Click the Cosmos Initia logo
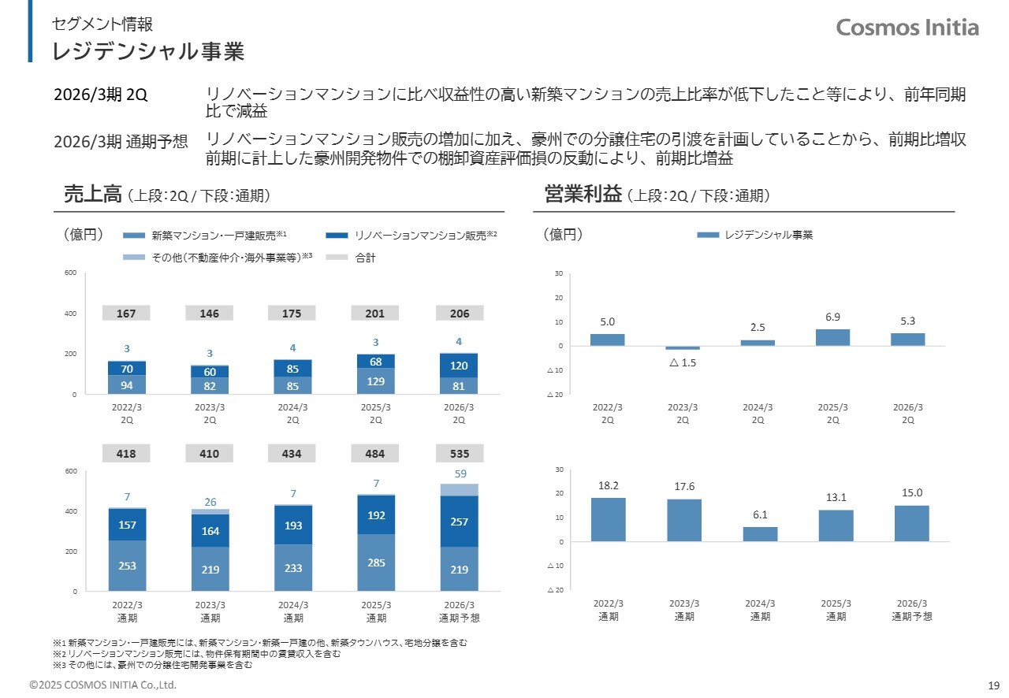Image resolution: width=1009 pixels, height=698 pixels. (x=907, y=28)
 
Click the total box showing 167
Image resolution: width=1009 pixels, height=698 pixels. (x=126, y=314)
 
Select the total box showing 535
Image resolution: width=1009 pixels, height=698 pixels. (x=459, y=454)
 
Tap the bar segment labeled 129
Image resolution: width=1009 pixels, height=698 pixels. (x=375, y=381)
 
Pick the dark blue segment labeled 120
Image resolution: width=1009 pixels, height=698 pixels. (x=459, y=366)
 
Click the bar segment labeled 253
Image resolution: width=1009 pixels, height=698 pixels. (x=127, y=566)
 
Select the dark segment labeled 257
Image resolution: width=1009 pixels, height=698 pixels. (x=459, y=521)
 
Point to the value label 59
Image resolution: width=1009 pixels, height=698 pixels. (x=460, y=473)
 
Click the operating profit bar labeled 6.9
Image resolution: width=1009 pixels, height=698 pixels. (x=833, y=337)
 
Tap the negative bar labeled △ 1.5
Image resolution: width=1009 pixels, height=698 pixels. (x=683, y=348)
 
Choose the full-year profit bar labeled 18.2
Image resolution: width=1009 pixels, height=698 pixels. (x=608, y=519)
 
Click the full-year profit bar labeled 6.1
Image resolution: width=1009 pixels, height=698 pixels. (x=760, y=534)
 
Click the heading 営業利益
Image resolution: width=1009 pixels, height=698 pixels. (x=583, y=195)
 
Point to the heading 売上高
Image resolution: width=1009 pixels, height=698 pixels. (x=91, y=195)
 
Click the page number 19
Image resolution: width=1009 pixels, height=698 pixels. (x=992, y=685)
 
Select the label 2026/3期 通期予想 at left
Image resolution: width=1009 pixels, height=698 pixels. (x=121, y=142)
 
